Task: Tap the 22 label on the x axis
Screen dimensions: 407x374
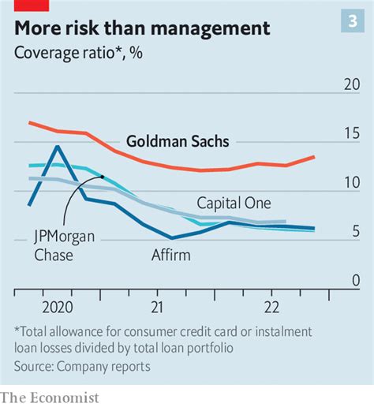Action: [x=271, y=306]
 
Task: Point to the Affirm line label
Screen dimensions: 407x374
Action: [x=170, y=255]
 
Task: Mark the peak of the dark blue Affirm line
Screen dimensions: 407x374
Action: [x=58, y=146]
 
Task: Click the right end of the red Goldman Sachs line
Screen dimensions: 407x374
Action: [x=314, y=157]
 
